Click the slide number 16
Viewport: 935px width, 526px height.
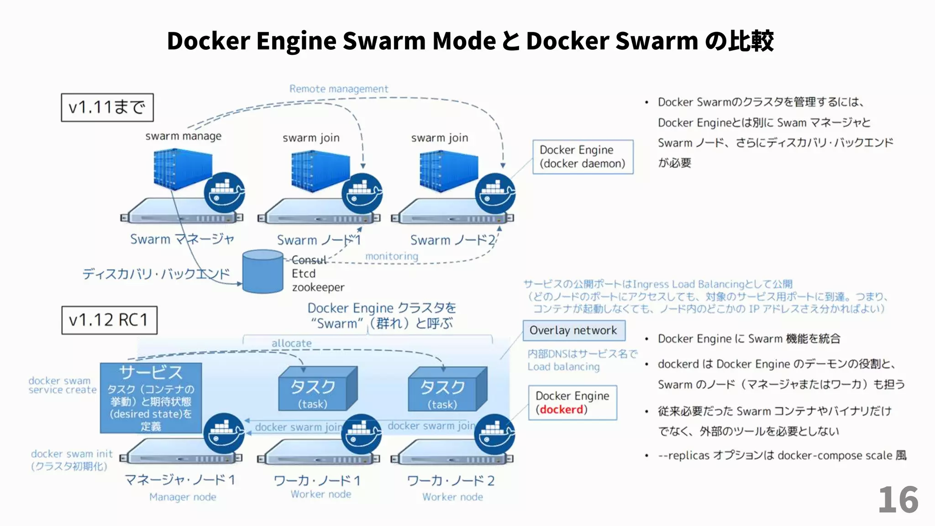pos(898,500)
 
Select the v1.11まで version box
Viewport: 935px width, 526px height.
pos(107,108)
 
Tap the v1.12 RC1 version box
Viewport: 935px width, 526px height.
pos(109,320)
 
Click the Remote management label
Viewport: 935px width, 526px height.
pos(338,89)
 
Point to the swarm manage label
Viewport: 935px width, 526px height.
pos(183,136)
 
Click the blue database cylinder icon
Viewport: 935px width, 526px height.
pos(263,271)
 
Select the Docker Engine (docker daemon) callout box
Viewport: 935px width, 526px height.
pos(583,157)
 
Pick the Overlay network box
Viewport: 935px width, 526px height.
pos(573,330)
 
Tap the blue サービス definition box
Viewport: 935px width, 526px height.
pos(151,398)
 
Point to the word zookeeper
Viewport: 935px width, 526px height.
pos(318,288)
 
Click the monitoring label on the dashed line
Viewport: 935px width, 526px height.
pos(391,256)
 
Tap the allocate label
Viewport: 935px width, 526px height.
pos(291,343)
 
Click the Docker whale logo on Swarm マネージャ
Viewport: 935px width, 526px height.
pos(224,193)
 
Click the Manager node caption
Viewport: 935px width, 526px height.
pos(183,497)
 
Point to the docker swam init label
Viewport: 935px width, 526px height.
pos(72,454)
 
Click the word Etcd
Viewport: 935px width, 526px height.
pos(304,274)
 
